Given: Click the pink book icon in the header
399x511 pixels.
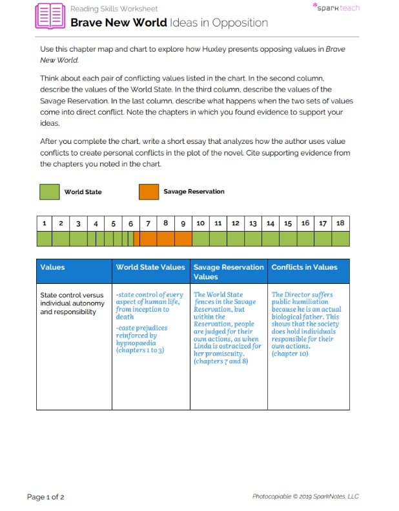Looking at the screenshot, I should pos(51,15).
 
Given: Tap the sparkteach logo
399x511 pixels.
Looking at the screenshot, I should pos(336,8).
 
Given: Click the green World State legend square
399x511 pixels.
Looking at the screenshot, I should pos(50,192).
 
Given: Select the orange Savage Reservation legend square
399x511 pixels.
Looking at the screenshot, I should pos(148,192).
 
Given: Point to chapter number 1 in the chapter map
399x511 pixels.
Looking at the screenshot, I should pos(44,223).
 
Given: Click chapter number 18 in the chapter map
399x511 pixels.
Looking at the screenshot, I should pos(340,223).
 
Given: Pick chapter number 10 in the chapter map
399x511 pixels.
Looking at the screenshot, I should pos(200,223).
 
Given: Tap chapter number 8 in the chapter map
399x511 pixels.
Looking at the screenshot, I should pos(165,223).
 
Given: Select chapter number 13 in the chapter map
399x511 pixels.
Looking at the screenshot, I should pos(253,223).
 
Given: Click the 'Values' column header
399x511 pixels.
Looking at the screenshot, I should pos(53,267).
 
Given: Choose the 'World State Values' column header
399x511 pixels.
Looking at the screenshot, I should pos(150,267).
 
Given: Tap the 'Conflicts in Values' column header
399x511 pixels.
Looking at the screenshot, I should pos(304,267).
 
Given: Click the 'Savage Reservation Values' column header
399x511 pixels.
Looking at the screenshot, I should pos(229,272).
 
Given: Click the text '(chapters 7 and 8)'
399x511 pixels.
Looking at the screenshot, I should pos(221,361).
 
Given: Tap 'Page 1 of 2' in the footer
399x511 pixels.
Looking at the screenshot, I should pos(45,497).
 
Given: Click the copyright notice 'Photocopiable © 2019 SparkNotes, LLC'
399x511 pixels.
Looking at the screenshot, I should pos(305,497).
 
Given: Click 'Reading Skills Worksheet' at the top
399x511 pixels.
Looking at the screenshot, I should pos(114,9).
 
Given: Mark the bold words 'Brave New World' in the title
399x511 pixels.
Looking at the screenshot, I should pos(118,23).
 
